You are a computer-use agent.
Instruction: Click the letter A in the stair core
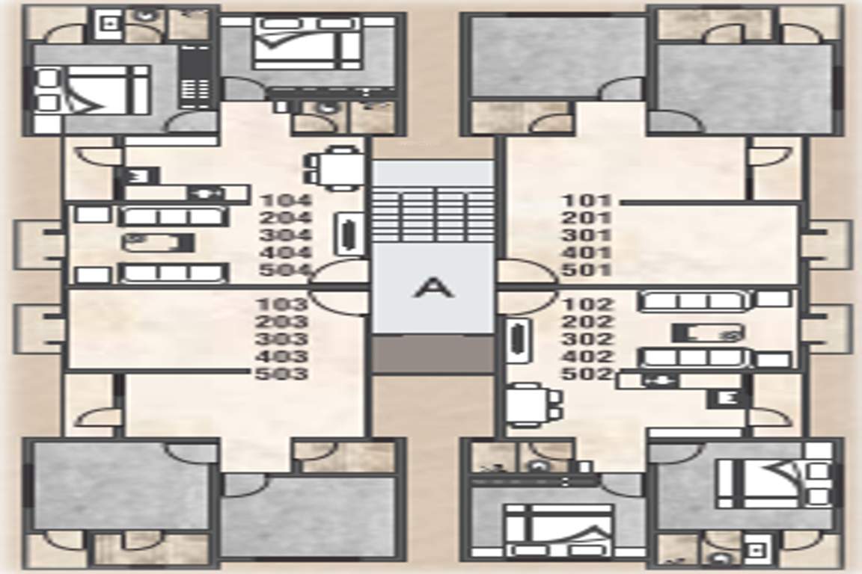click(x=434, y=287)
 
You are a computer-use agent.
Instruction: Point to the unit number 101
click(x=587, y=200)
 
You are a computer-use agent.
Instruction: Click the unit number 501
click(x=587, y=270)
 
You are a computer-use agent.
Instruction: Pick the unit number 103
click(x=282, y=304)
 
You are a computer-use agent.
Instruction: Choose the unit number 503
click(x=282, y=374)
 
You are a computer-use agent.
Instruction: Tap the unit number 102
click(x=589, y=304)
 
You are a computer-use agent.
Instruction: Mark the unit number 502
click(x=589, y=374)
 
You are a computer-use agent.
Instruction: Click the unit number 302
click(x=589, y=339)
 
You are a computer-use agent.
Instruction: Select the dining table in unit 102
click(x=533, y=404)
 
